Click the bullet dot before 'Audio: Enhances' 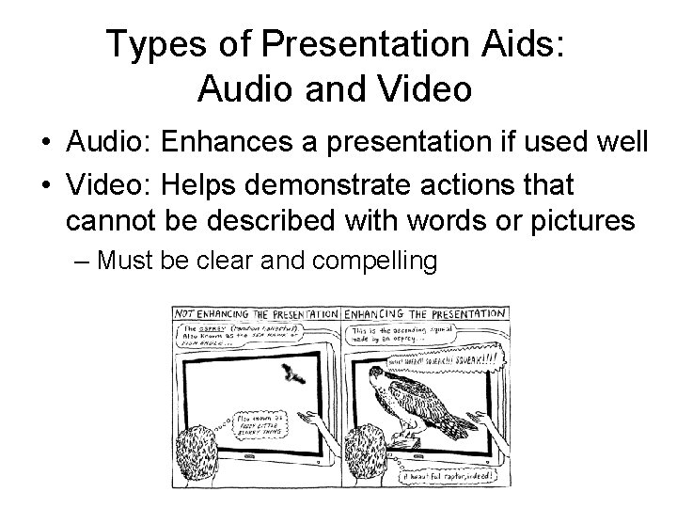(x=45, y=143)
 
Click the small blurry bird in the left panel (x=293, y=375)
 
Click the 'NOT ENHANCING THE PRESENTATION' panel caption (x=256, y=314)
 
